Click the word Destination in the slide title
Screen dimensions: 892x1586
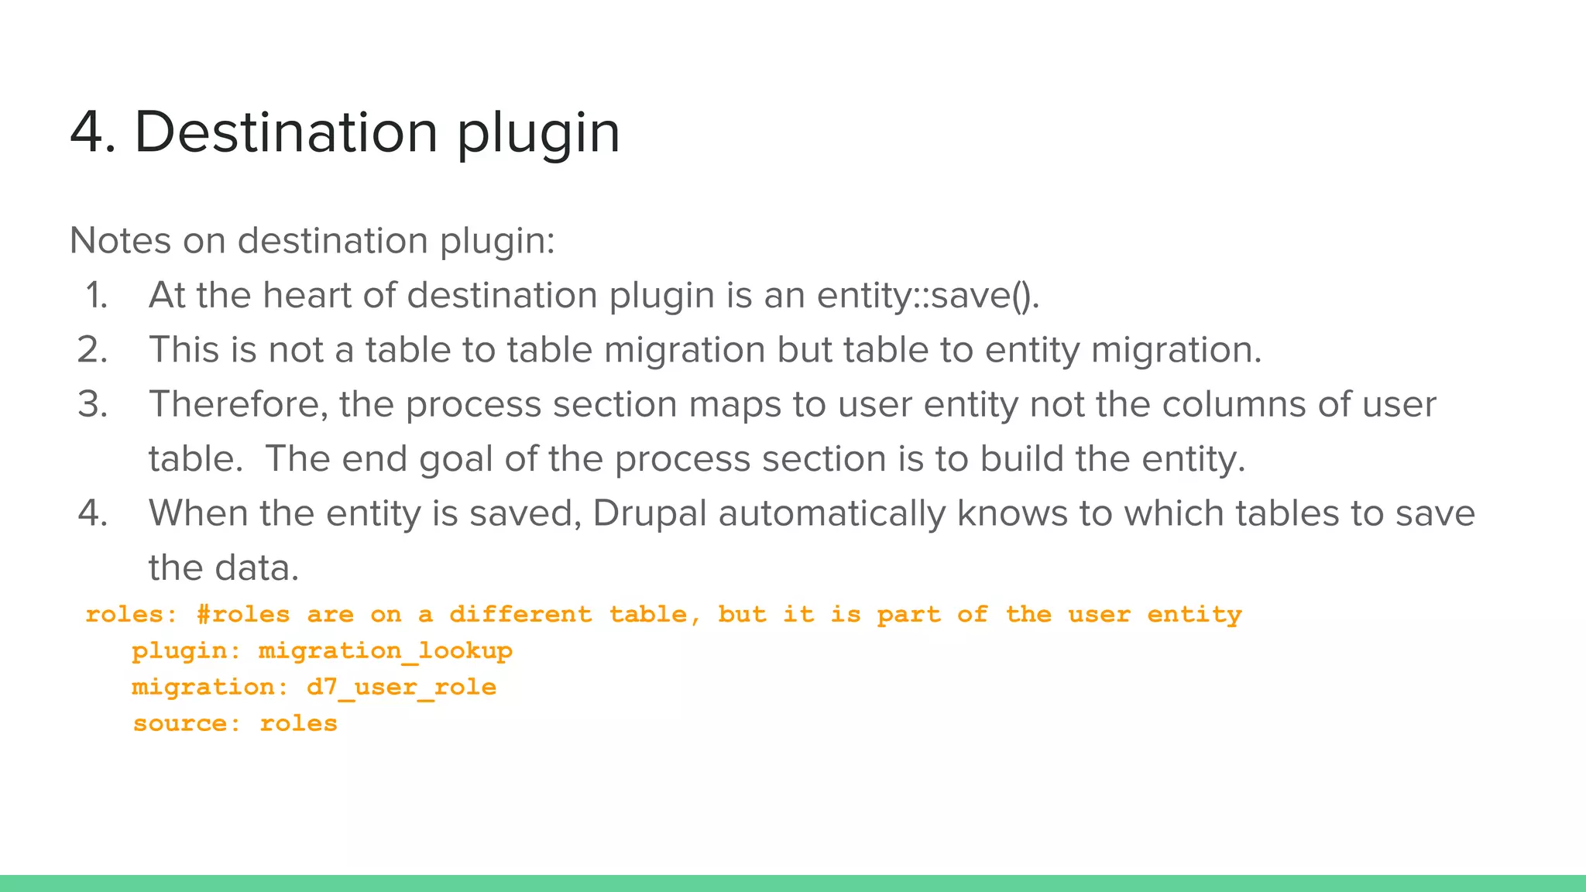(x=287, y=132)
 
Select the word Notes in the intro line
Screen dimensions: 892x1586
(x=120, y=240)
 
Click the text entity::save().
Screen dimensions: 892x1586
(x=928, y=295)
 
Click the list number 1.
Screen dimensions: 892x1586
(x=97, y=295)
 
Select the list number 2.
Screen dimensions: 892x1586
(x=93, y=350)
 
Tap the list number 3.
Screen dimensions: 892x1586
(x=93, y=404)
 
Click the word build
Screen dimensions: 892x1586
(x=1021, y=459)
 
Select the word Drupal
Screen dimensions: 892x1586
(x=650, y=513)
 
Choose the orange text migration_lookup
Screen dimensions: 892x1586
(x=385, y=651)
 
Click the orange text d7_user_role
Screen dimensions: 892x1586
(x=401, y=688)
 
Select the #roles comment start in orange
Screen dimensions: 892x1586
(x=243, y=615)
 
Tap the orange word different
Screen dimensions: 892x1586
(x=520, y=615)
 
